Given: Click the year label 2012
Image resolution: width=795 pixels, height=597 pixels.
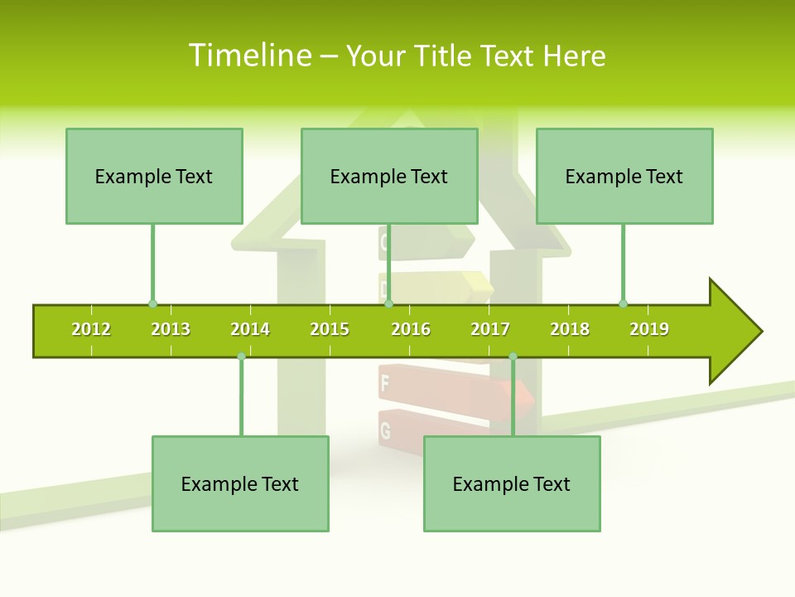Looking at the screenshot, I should pos(91,329).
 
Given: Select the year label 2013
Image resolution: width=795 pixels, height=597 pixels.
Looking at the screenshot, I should pos(171,329).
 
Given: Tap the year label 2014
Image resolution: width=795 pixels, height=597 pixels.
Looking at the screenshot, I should pos(250,329).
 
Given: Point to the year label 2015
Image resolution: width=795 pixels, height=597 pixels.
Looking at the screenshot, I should pos(330,329).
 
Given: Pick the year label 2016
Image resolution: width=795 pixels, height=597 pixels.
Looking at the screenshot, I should pos(411,329).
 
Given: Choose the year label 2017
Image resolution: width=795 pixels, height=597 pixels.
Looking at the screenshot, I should pos(490,329).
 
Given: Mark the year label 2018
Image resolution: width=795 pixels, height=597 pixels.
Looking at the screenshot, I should pos(570,329).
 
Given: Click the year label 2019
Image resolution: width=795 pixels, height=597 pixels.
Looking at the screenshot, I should pos(649,329).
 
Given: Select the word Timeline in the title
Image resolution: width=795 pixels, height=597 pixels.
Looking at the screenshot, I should pos(249,56).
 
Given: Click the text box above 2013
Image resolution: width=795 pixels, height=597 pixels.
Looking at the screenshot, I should pos(154,176).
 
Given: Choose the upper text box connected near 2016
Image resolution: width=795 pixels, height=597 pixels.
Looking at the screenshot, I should pos(389,176).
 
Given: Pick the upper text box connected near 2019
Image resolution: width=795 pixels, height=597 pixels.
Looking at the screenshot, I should pos(624,176).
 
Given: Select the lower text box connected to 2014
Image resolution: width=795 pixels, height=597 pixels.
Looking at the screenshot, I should pos(240,483).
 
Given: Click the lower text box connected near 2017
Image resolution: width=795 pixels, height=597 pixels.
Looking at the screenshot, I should pos(512,483).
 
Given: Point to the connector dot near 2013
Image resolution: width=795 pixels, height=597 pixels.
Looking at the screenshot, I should pos(152,304).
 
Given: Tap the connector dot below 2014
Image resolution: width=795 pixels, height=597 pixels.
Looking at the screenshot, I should pos(241,357).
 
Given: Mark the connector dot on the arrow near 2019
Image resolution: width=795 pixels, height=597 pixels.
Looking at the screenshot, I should pos(623,303).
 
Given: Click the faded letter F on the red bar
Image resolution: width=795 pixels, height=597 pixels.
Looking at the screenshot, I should pos(385,384).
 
